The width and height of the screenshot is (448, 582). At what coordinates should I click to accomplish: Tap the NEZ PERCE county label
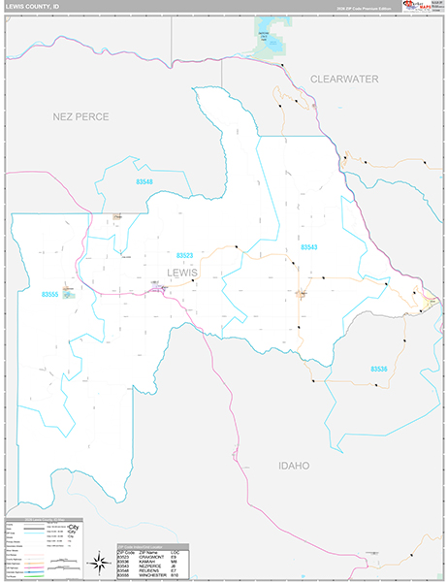coord(80,116)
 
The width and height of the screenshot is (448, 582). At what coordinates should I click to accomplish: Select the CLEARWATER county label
coord(343,79)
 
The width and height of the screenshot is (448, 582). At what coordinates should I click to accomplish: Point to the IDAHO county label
coord(293,466)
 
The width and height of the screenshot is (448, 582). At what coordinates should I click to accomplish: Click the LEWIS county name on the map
coord(181,273)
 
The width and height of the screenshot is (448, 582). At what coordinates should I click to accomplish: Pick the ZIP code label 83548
coord(144,181)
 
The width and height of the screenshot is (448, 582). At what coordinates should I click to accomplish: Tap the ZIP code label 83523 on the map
coord(184,255)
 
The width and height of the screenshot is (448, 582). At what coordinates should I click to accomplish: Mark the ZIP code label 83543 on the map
coord(309,248)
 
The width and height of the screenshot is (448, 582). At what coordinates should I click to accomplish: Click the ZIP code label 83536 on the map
coord(378,369)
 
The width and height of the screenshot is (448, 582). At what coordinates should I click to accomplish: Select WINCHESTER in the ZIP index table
coord(156,576)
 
